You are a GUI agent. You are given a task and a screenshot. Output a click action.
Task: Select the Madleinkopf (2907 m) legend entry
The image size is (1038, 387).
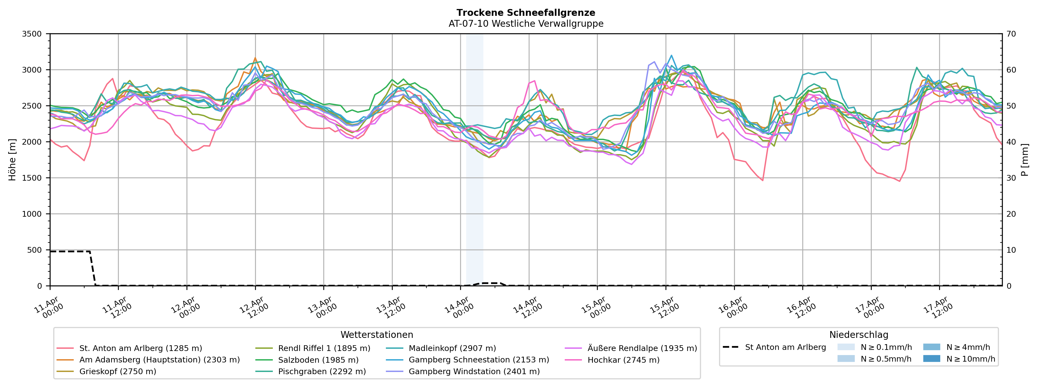(452, 348)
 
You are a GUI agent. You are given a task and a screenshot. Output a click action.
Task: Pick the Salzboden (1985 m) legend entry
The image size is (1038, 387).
(318, 360)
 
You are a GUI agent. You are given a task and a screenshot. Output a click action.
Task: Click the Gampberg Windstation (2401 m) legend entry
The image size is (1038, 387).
(474, 371)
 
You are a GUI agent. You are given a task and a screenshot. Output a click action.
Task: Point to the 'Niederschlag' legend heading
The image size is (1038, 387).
(858, 335)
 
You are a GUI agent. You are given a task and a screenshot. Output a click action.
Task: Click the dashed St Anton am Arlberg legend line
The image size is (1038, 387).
(731, 347)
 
